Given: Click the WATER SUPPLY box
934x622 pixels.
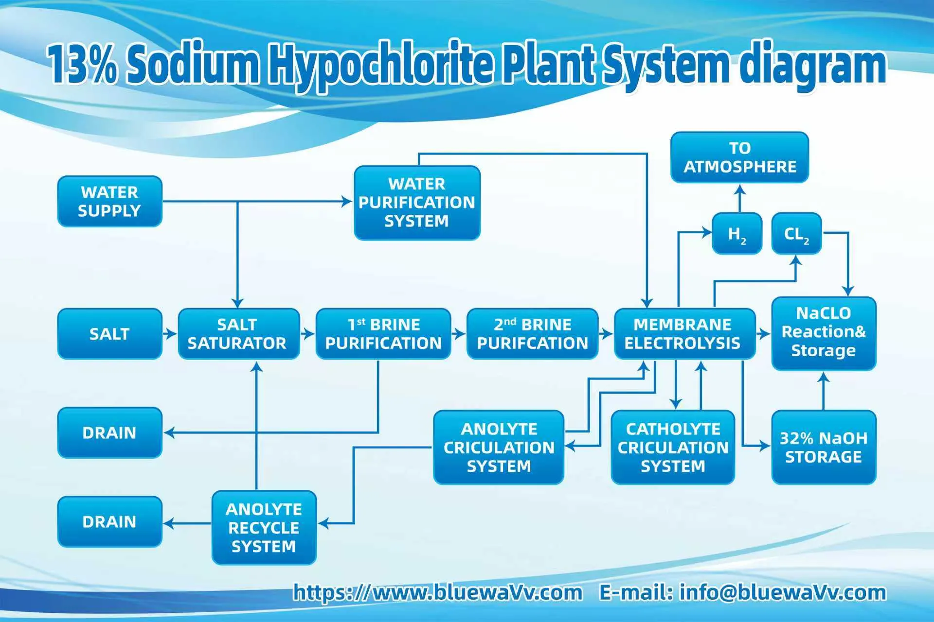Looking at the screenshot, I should pyautogui.click(x=109, y=201).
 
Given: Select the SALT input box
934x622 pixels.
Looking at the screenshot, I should pyautogui.click(x=109, y=334).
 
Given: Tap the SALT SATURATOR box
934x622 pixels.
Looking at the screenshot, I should pyautogui.click(x=238, y=334).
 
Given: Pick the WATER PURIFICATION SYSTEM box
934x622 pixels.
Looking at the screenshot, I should pyautogui.click(x=417, y=203).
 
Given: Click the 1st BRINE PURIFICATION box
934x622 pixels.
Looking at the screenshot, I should pyautogui.click(x=383, y=334).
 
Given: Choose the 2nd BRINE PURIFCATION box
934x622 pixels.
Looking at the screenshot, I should pyautogui.click(x=532, y=334).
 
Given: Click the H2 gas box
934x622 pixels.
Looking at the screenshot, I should pyautogui.click(x=736, y=234).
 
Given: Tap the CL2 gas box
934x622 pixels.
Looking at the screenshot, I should pyautogui.click(x=796, y=234).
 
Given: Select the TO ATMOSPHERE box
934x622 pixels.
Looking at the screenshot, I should pyautogui.click(x=739, y=157).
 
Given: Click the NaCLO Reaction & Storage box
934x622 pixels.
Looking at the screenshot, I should pyautogui.click(x=824, y=333).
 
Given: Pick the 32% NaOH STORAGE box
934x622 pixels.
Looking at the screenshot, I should pyautogui.click(x=824, y=447).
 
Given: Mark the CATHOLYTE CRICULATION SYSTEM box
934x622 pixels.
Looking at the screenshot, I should pyautogui.click(x=673, y=447).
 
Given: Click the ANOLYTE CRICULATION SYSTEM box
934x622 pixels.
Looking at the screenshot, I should pyautogui.click(x=499, y=447).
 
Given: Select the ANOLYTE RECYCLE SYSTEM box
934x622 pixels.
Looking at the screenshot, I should pyautogui.click(x=264, y=528).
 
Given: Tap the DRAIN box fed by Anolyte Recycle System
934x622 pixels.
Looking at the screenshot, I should pyautogui.click(x=109, y=522).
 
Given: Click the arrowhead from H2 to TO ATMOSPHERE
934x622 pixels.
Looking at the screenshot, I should pyautogui.click(x=739, y=189).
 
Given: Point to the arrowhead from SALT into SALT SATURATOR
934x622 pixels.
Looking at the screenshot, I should pyautogui.click(x=172, y=334).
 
